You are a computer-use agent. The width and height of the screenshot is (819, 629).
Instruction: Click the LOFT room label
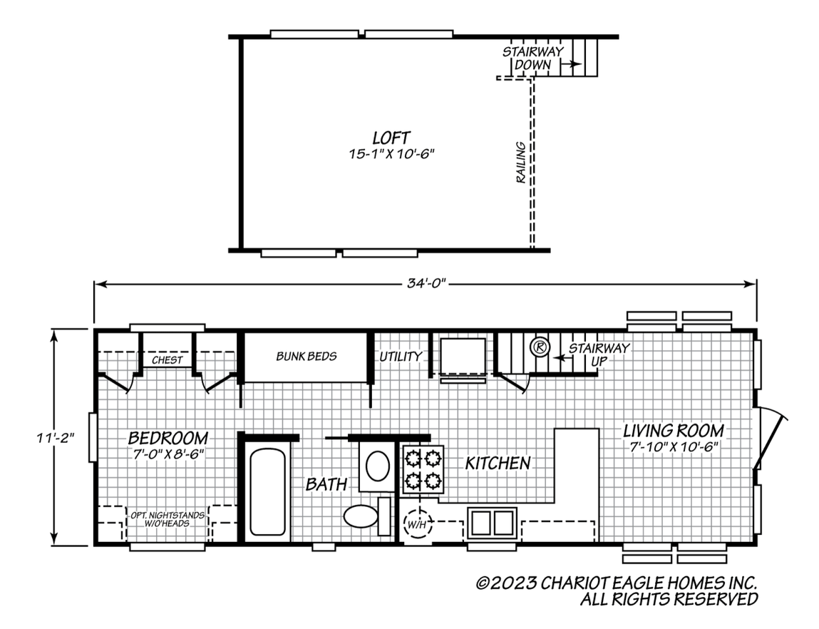[x=391, y=137]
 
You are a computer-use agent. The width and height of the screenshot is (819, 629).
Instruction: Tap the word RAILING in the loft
[x=521, y=163]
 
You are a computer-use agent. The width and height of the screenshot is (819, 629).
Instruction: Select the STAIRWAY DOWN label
[x=532, y=58]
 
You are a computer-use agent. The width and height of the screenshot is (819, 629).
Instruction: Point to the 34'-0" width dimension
[x=425, y=284]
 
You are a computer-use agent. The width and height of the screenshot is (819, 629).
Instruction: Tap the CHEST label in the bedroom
[x=167, y=360]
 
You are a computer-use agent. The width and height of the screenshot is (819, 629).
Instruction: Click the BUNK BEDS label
[x=307, y=356]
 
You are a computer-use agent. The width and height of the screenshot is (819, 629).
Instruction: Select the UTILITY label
[x=400, y=357]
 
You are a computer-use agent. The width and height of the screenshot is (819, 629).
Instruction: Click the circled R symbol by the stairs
[x=540, y=347]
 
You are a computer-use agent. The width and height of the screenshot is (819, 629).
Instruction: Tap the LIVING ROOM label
[x=673, y=431]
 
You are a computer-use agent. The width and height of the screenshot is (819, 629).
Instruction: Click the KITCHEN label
[x=498, y=463]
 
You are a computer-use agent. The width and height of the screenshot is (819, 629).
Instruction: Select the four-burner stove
[x=422, y=470]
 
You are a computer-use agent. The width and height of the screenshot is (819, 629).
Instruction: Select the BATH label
[x=326, y=485]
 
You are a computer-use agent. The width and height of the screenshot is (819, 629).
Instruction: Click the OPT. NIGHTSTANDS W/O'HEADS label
[x=167, y=518]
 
